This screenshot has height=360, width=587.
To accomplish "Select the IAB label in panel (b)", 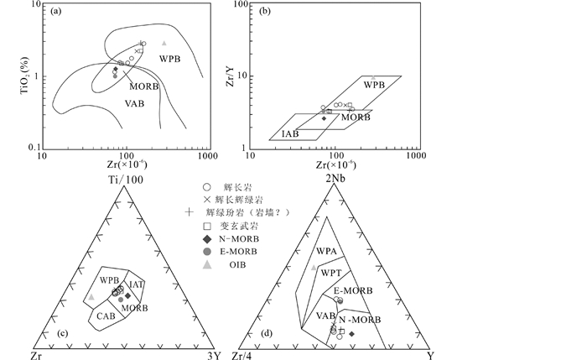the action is pyautogui.click(x=291, y=132).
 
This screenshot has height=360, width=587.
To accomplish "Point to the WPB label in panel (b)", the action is pyautogui.click(x=374, y=86).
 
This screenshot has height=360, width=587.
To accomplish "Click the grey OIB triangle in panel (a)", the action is pyautogui.click(x=164, y=43).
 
